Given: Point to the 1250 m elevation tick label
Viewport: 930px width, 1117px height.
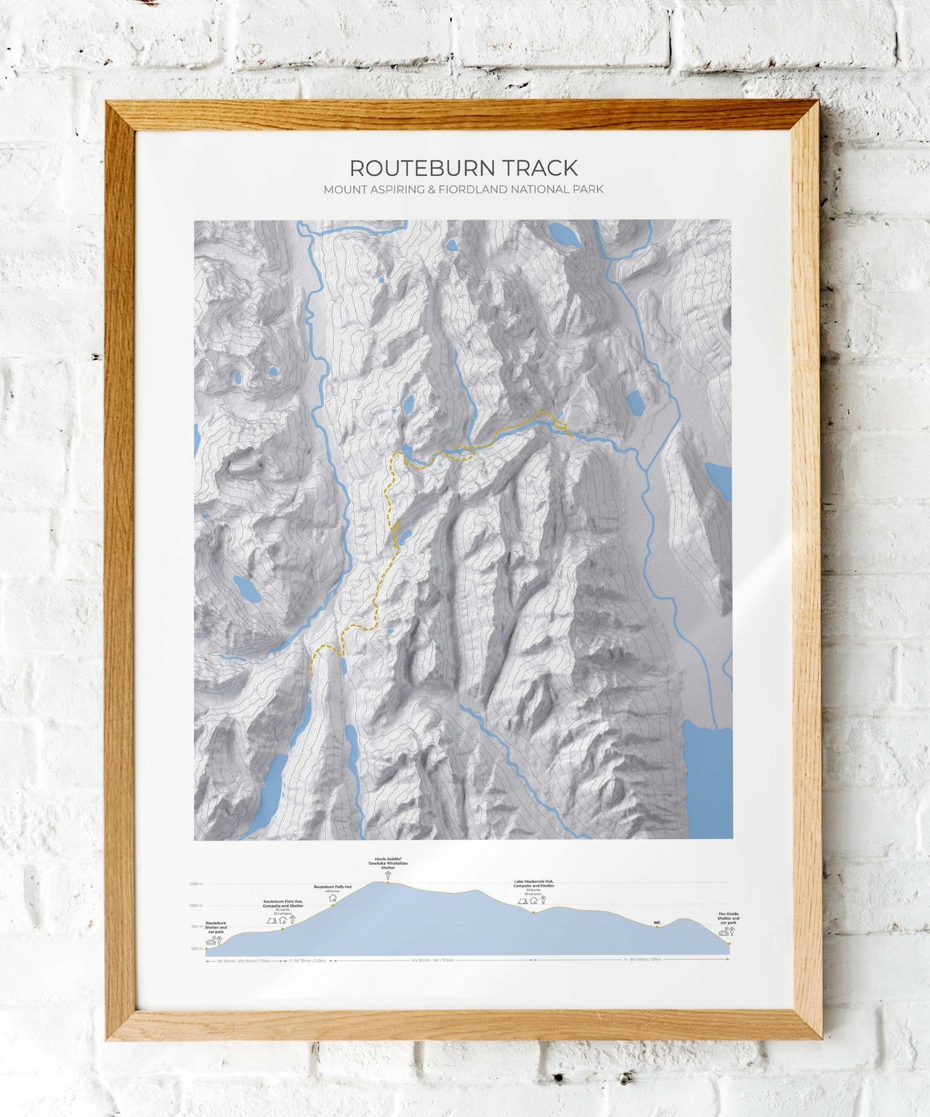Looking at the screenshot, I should coord(195,884).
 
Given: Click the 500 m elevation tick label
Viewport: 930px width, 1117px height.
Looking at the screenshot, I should coord(196,948).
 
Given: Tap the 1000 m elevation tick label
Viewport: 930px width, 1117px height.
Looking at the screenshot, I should coord(195,905).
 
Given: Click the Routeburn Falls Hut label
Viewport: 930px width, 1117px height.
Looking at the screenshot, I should coord(333,886).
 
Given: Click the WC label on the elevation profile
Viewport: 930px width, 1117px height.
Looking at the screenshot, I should coord(657,922).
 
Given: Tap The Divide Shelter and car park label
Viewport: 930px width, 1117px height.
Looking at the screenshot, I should coord(728,918).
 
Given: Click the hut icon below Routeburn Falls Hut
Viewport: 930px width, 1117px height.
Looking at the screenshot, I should coord(333,897).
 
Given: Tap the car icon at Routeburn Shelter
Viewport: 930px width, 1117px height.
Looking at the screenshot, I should coord(210,941).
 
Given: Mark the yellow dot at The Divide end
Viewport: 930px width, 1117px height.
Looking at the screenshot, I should coord(729,943).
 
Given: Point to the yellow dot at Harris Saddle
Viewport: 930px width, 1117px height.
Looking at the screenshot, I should coord(387,882).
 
